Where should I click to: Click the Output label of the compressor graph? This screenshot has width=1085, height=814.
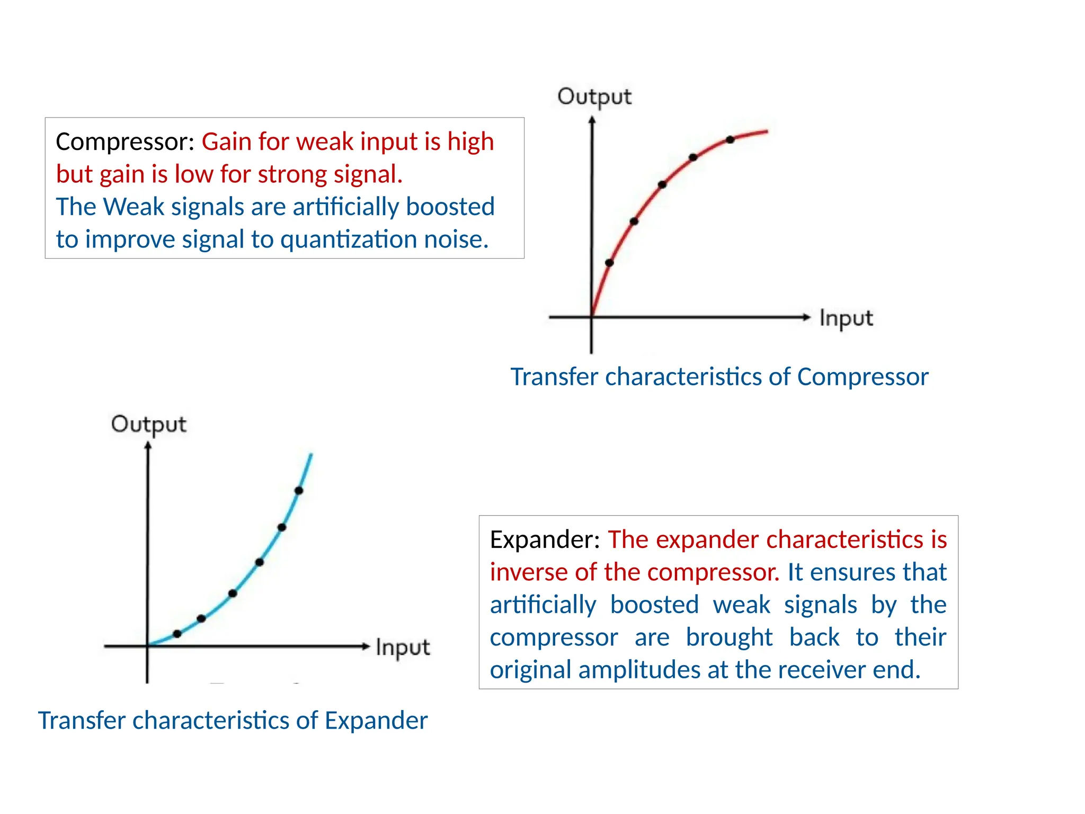[x=594, y=97]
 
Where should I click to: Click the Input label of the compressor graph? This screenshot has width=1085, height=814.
[x=846, y=318]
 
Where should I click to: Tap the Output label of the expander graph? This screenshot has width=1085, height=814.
[x=148, y=424]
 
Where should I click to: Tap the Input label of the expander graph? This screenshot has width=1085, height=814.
[x=403, y=648]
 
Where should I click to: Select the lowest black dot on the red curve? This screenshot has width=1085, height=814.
[x=609, y=263]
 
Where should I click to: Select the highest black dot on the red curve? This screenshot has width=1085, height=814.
[x=730, y=140]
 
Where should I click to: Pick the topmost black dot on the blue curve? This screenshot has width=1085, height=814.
[x=299, y=491]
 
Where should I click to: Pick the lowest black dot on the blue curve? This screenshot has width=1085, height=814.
[x=177, y=634]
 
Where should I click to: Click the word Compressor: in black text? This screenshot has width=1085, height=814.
[x=125, y=142]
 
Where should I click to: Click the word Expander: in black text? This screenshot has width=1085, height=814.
[x=545, y=539]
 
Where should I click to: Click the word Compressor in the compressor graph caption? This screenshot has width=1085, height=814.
[x=862, y=377]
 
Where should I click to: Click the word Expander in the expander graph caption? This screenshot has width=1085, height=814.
[x=376, y=721]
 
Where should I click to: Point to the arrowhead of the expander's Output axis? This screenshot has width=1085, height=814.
[x=148, y=446]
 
